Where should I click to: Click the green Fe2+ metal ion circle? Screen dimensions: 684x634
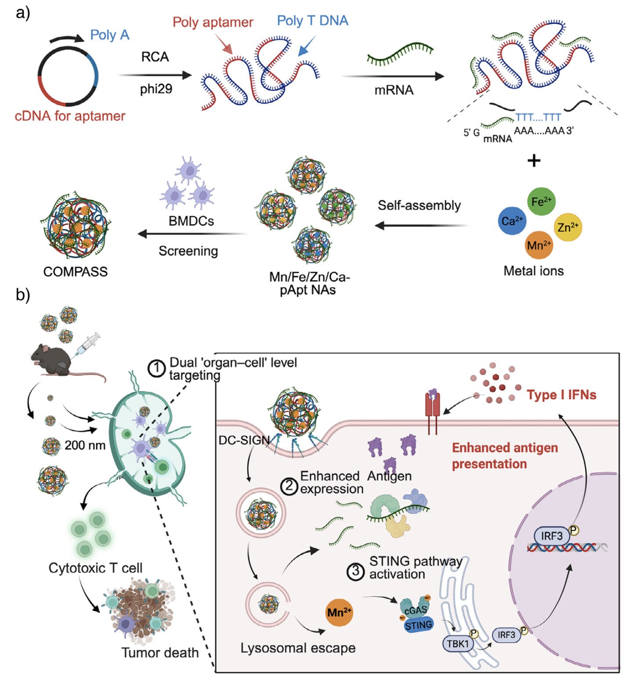(x=541, y=201)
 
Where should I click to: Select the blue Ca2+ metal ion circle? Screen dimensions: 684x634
(x=512, y=221)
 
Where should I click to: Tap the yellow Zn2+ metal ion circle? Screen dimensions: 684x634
(x=568, y=227)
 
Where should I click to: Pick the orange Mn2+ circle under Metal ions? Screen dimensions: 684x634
(x=539, y=245)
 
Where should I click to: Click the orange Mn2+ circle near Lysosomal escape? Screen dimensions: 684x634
(x=339, y=612)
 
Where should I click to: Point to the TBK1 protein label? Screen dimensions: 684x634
(x=458, y=644)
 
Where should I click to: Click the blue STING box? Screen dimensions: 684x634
(x=418, y=625)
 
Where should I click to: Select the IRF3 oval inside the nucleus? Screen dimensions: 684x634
(x=551, y=536)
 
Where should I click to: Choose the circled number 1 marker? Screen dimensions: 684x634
(x=156, y=369)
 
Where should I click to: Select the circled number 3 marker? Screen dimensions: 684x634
(x=355, y=571)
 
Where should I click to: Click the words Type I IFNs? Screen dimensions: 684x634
(x=561, y=395)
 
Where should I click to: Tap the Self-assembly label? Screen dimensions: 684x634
(x=419, y=205)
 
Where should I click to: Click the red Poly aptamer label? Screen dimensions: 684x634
(x=213, y=22)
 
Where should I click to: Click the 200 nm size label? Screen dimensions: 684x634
(x=85, y=445)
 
